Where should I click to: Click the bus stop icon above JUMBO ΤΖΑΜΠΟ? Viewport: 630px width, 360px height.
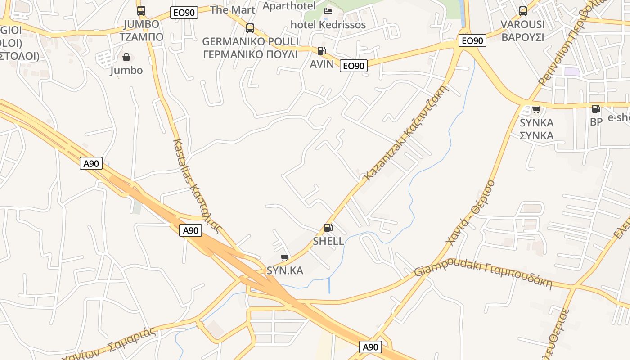[141, 10]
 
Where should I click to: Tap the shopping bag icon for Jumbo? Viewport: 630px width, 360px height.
[126, 57]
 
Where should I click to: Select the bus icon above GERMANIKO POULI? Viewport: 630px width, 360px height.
[250, 28]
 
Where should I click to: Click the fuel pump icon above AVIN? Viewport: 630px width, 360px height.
[321, 51]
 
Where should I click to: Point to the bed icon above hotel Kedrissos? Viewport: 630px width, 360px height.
[328, 11]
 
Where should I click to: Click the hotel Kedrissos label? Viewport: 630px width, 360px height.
[328, 25]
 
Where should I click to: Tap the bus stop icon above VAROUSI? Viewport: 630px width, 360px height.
[522, 11]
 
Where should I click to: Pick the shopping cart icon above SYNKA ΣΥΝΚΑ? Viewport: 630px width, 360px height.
[536, 109]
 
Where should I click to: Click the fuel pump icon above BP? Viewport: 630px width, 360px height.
[596, 109]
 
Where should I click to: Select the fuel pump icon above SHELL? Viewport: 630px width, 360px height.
[328, 228]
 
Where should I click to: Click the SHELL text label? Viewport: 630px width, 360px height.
[328, 241]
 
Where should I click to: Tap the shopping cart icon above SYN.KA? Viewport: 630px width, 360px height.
[284, 258]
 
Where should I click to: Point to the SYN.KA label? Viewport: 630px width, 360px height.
[285, 270]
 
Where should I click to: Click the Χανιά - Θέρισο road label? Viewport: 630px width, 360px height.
[471, 212]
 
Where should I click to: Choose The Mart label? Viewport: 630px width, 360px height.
[233, 9]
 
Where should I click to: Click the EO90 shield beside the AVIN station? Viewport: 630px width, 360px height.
[353, 66]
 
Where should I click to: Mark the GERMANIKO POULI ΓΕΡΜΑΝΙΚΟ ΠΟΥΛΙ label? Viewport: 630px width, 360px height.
[250, 48]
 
